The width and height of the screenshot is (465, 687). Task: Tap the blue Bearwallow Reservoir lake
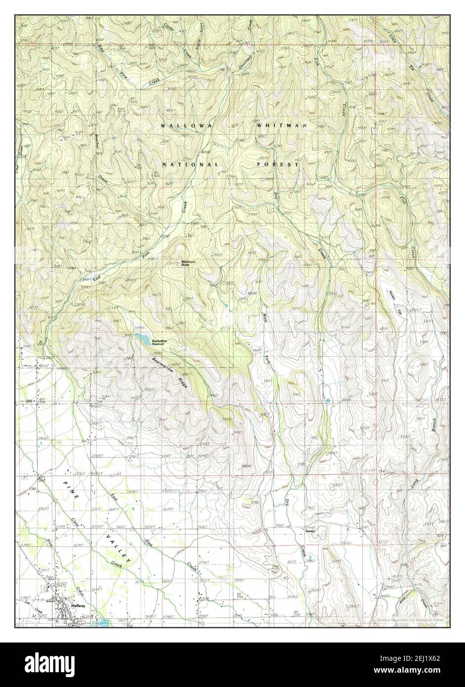pos(142,339)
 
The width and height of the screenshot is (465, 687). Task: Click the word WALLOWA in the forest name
pos(186,127)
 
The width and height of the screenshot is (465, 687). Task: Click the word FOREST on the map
pos(277,164)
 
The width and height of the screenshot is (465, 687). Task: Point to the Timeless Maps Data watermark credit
pos(409,619)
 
